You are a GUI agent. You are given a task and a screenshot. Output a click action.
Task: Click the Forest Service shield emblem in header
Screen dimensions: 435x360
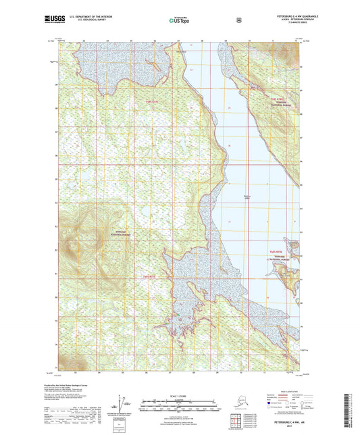[x=238, y=20]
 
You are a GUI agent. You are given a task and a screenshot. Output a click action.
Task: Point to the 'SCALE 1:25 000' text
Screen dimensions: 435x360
[x=179, y=395]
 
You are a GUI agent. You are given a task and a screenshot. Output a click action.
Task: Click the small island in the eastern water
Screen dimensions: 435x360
[x=285, y=274]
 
